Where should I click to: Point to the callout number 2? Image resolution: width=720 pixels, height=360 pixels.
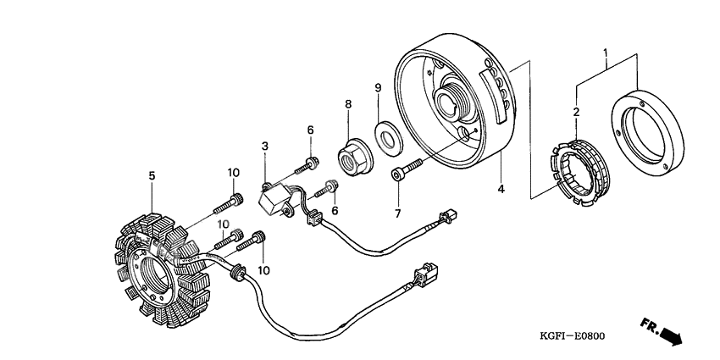click(x=576, y=112)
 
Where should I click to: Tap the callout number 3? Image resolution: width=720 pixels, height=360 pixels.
click(x=265, y=147)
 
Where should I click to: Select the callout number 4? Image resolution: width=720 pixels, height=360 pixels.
click(x=501, y=189)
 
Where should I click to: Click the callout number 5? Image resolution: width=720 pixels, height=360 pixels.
click(x=152, y=176)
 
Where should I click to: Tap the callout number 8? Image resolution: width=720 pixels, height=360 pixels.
click(x=347, y=105)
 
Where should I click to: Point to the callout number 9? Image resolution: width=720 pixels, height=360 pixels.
click(x=379, y=87)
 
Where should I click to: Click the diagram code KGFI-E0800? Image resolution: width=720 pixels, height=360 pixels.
click(x=571, y=335)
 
